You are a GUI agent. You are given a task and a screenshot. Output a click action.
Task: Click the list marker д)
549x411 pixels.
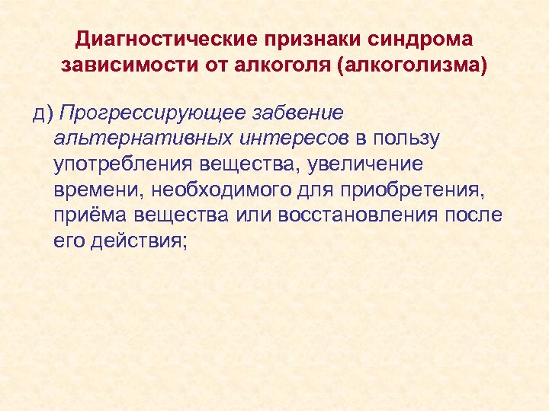43,113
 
